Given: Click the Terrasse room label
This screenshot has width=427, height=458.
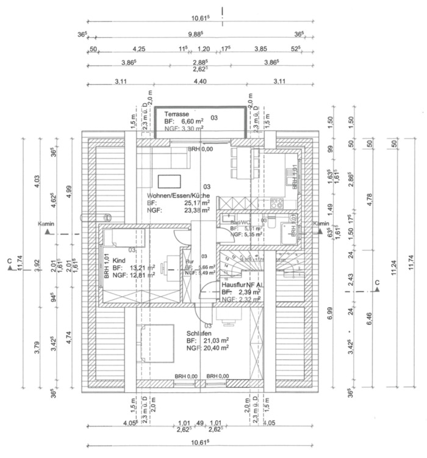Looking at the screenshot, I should click(x=176, y=114).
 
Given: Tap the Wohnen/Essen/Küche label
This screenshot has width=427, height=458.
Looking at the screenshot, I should click(x=178, y=195).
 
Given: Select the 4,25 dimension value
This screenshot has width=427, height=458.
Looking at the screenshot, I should click(x=138, y=49).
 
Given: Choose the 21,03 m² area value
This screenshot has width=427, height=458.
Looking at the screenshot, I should click(x=217, y=340).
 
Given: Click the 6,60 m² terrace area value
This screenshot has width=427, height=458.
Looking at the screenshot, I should click(x=192, y=122).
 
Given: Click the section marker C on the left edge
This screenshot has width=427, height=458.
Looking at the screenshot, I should click(x=9, y=263).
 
